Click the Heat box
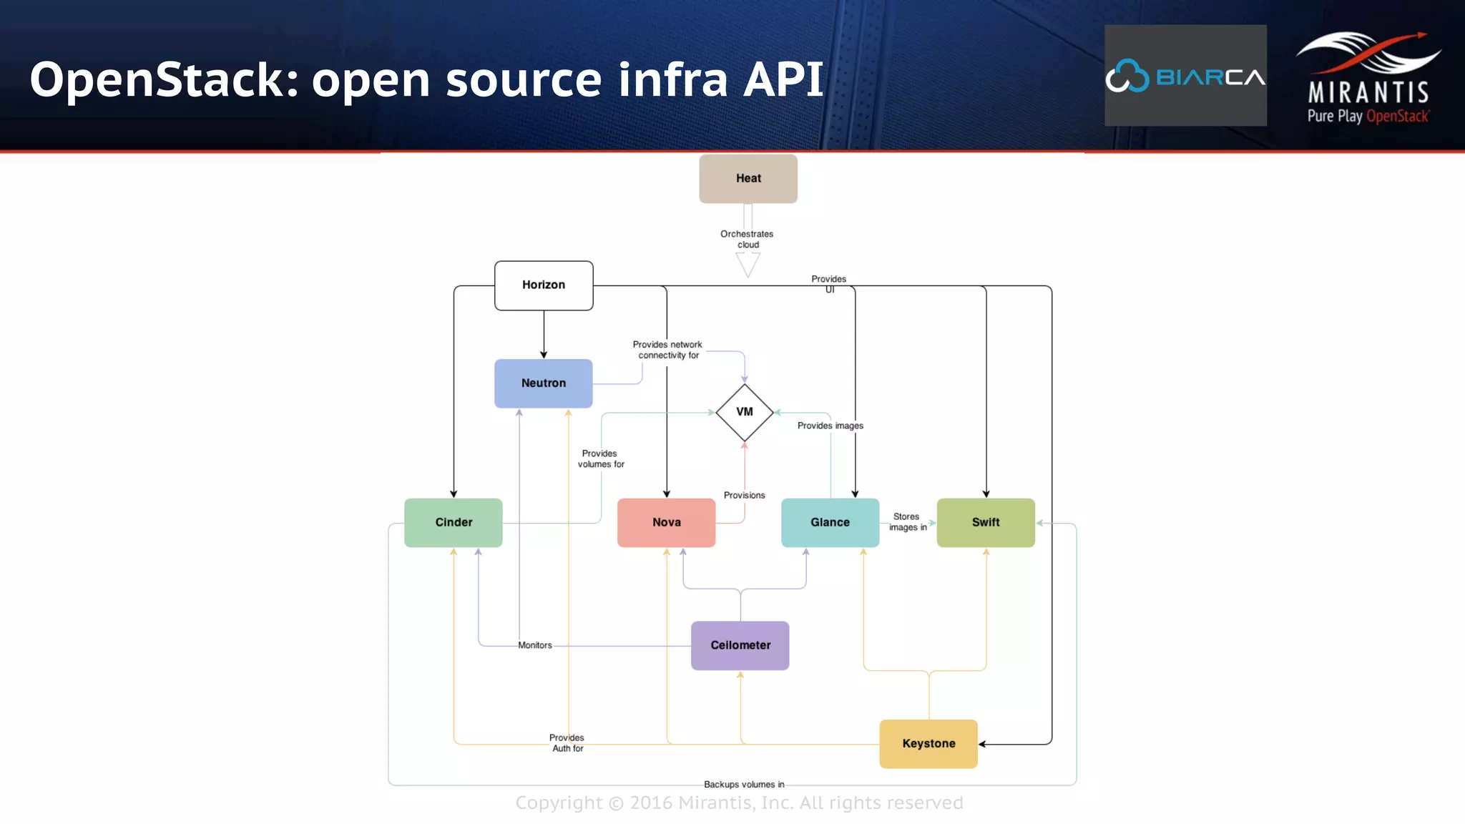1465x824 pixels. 748,179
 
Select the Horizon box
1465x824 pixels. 544,285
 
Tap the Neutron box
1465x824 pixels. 544,383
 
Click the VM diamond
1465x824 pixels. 745,413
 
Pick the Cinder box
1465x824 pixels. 454,523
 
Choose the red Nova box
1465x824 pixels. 666,523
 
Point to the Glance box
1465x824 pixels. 830,523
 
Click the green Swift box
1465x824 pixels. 986,523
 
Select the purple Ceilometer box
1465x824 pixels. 740,645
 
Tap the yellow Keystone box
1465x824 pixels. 929,744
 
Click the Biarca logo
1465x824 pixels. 1185,76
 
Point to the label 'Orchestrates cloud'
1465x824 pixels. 747,239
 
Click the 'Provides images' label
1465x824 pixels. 830,426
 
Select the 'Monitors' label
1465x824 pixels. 535,645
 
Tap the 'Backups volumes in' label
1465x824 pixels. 744,785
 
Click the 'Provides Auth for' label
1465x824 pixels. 567,743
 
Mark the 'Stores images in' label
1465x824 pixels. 907,522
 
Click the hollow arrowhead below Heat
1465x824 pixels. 748,265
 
